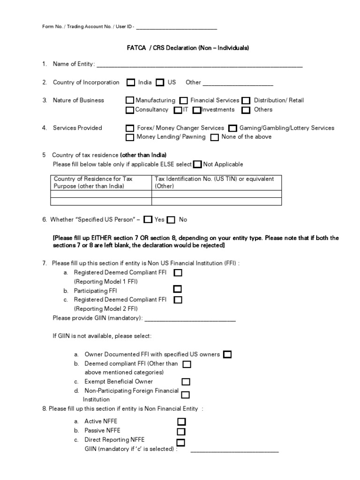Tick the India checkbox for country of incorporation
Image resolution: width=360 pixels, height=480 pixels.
pos(131,83)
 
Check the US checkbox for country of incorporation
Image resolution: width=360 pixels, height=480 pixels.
pos(160,83)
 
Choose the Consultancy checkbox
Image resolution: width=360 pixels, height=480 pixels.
pos(130,110)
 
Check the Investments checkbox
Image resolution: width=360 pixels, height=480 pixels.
pos(197,110)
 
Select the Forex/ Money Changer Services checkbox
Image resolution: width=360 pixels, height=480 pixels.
pos(130,128)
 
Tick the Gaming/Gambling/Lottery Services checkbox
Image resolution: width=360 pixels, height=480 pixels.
pos(233,128)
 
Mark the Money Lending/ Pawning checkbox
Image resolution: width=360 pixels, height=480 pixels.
pos(130,137)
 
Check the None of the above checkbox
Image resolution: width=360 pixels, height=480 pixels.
pos(215,137)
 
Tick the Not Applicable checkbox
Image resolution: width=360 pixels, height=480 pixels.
pos(197,165)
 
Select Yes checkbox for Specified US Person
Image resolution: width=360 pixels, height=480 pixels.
pos(148,219)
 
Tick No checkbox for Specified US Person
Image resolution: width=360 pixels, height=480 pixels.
pos(171,219)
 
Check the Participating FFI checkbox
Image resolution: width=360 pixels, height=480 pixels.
pos(178,289)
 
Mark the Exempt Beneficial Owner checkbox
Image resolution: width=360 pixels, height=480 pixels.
pos(186,382)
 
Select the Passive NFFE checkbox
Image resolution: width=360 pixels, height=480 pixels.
pos(181,431)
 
